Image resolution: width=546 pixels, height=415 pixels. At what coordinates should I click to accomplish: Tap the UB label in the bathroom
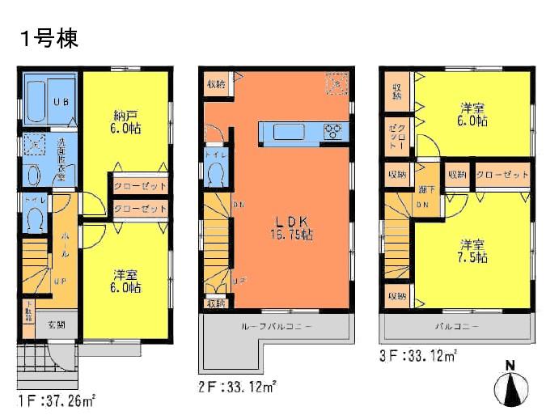tap(61, 103)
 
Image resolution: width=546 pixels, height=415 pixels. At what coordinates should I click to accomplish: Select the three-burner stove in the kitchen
tap(334, 131)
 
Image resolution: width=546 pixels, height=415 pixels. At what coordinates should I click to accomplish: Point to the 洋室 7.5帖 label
tap(474, 250)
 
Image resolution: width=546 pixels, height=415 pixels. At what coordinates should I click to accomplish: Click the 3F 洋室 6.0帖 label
tap(474, 114)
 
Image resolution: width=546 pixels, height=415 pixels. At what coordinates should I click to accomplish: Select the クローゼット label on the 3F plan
tap(502, 174)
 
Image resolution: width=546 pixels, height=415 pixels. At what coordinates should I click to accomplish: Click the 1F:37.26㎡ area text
tap(57, 400)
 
